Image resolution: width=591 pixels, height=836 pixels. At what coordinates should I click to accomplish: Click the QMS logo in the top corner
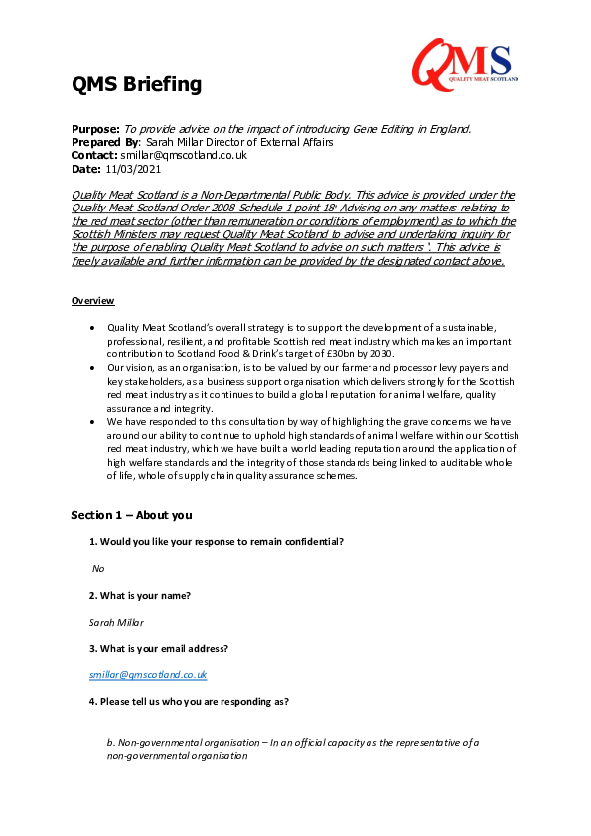(462, 61)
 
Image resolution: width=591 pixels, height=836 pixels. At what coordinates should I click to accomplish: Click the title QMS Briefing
(136, 85)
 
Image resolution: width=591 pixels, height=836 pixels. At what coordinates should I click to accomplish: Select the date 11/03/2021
(133, 168)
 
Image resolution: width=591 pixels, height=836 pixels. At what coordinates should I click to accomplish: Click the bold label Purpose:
(95, 129)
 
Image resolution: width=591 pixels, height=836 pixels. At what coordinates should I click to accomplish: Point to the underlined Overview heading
(92, 300)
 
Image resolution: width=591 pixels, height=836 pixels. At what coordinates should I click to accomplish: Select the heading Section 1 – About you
(130, 515)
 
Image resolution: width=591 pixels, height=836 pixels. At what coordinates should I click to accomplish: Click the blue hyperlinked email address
(148, 675)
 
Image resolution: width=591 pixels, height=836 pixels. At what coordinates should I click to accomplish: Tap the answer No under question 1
(98, 569)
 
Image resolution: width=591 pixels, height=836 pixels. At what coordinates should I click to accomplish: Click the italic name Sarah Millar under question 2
(116, 622)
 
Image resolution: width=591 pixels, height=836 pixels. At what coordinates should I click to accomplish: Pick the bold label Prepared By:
(106, 142)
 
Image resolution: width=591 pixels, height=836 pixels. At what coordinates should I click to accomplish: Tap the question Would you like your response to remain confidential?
(217, 541)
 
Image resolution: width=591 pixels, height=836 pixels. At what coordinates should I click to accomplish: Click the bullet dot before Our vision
(92, 367)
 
